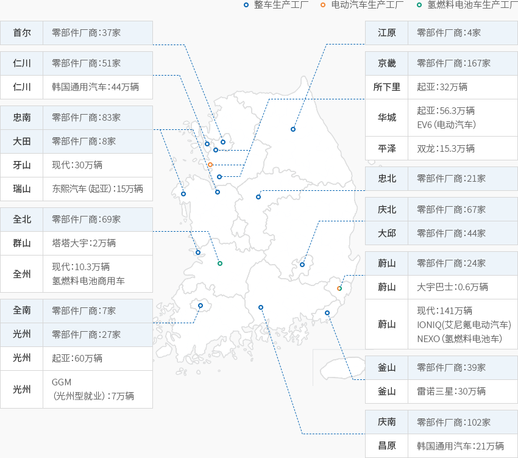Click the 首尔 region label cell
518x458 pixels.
tap(22, 33)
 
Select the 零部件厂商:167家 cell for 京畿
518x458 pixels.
tap(463, 63)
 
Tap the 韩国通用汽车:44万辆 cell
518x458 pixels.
tap(98, 87)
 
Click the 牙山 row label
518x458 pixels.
tap(22, 165)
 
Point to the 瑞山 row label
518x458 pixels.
tap(22, 189)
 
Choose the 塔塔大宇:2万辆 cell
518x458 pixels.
tap(98, 243)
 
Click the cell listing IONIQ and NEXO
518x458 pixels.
tap(463, 324)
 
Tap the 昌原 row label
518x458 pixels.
tap(387, 446)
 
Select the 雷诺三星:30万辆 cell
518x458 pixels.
tap(463, 391)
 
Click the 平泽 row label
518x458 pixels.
tap(387, 148)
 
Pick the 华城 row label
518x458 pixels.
tap(387, 117)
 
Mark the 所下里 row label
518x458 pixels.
tap(387, 87)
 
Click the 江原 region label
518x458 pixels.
tap(387, 33)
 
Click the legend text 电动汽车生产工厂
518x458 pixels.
tap(367, 5)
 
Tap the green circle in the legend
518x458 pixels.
tap(419, 5)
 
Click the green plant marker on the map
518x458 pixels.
tap(220, 263)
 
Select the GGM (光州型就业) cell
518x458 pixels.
tap(98, 389)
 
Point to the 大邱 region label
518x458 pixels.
tap(387, 233)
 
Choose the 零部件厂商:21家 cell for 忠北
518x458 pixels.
tap(463, 179)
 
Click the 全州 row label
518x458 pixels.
tap(22, 274)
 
